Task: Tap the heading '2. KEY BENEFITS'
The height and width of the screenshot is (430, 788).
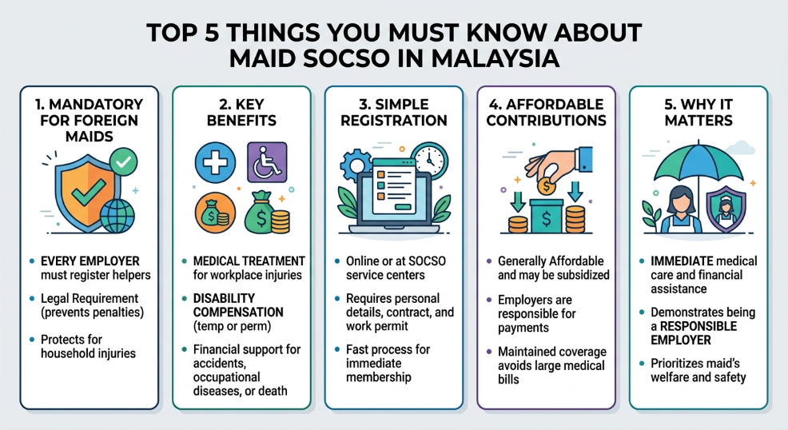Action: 241,113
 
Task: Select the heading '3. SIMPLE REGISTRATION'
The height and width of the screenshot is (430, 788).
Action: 392,113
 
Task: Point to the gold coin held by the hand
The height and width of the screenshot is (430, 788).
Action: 546,185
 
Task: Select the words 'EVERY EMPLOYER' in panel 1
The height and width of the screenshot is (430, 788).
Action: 89,261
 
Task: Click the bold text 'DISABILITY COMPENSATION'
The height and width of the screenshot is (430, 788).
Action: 238,305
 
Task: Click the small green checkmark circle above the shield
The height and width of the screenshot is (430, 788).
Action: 122,162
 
